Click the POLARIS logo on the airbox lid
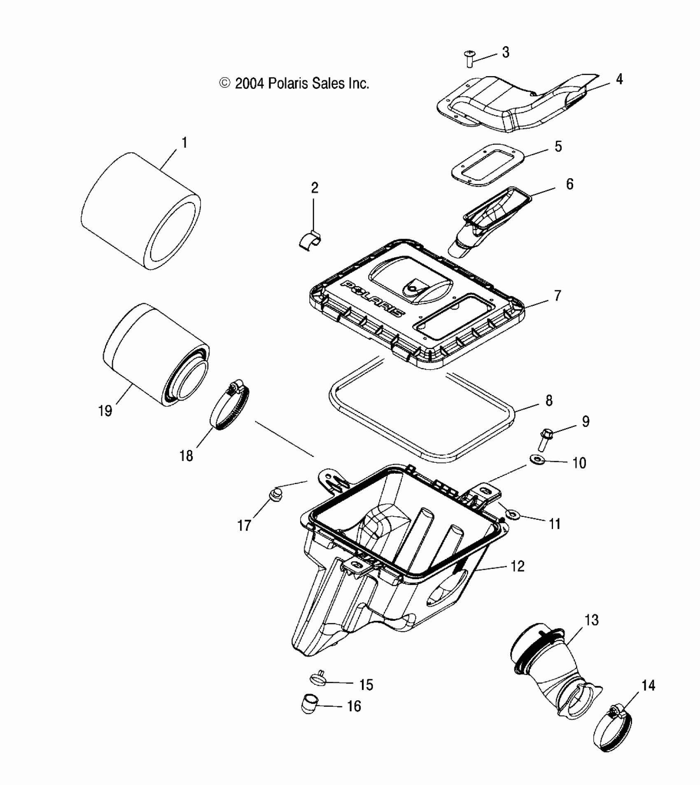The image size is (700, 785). (x=373, y=298)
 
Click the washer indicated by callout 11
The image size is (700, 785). (x=513, y=514)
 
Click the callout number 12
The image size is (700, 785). (x=517, y=566)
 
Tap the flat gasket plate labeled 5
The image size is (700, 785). (x=487, y=165)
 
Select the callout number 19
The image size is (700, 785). (x=105, y=410)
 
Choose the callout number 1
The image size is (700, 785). (x=184, y=143)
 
